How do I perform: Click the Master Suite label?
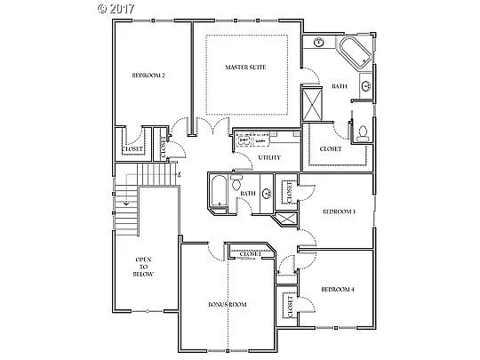[244, 67]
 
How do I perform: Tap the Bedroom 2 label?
[148, 74]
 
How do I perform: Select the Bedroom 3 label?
[339, 212]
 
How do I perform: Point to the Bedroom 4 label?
[338, 290]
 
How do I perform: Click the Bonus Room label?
[227, 305]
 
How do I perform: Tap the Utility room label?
[269, 158]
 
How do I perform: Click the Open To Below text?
[144, 267]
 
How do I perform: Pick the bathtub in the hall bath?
[218, 193]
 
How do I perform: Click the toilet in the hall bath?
[236, 180]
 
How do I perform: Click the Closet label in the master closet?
[331, 149]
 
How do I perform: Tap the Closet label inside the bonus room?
[252, 254]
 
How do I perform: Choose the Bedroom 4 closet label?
[291, 307]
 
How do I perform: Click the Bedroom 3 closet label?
[290, 190]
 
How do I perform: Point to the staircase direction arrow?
[127, 203]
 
